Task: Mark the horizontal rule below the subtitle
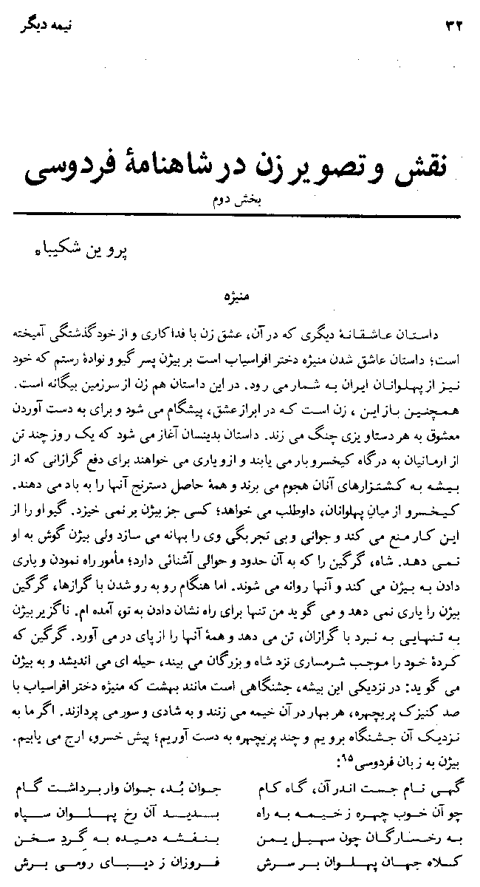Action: [x=238, y=214]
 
